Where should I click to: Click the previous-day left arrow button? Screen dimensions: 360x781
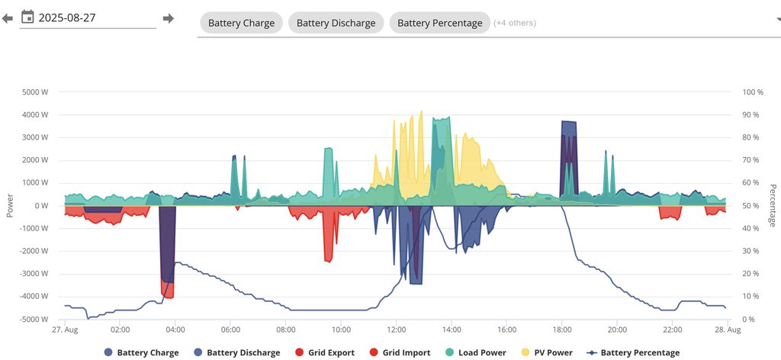click(8, 18)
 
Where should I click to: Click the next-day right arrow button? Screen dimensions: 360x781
click(169, 18)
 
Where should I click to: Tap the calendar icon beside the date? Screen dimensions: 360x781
click(27, 17)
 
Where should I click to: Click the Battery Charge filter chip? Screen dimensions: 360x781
click(241, 23)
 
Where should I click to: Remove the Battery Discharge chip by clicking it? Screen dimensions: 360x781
click(336, 23)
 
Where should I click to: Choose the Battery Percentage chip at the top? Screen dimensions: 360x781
click(439, 23)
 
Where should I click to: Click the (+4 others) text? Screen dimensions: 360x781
click(515, 23)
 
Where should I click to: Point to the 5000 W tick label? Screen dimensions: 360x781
click(35, 92)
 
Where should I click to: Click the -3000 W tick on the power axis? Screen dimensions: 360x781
click(34, 274)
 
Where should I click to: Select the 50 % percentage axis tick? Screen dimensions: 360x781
click(750, 206)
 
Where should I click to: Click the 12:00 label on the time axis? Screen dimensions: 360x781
click(397, 330)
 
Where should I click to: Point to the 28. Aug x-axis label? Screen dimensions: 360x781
click(728, 330)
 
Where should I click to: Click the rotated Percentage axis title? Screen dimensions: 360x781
click(772, 205)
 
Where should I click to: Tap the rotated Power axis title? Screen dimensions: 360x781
click(10, 205)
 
